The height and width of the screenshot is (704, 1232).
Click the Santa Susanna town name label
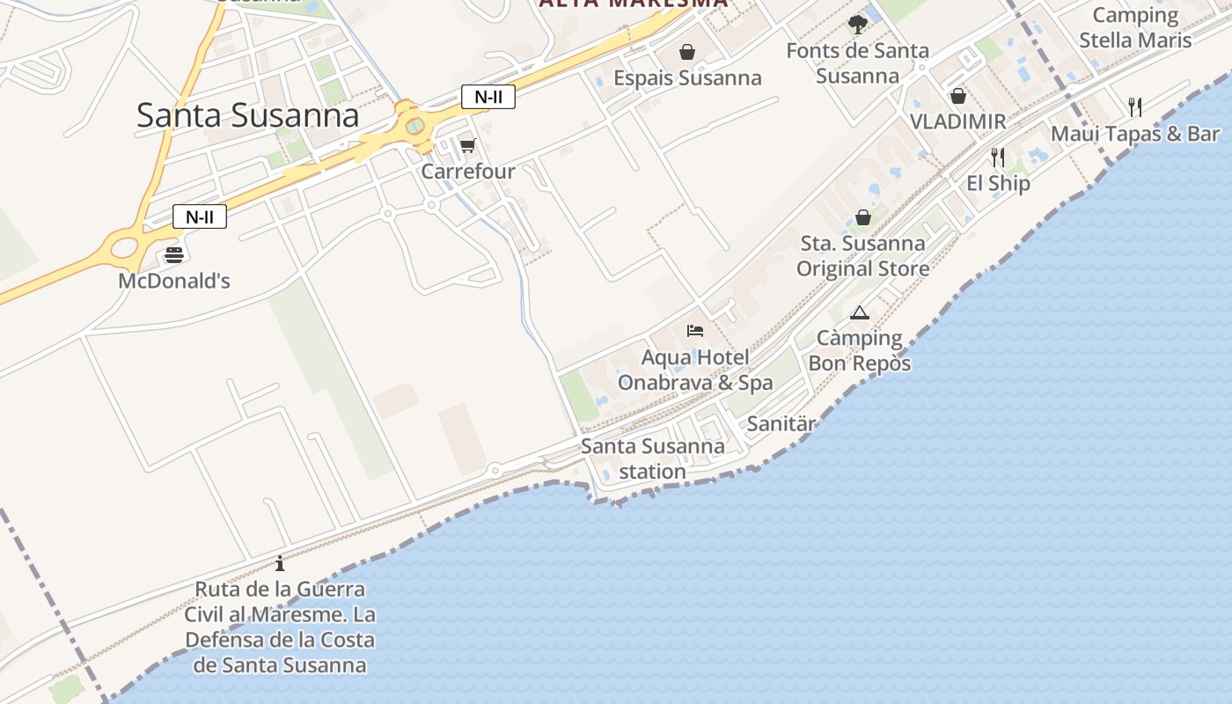coord(247,116)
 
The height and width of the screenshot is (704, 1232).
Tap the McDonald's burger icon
coord(174,255)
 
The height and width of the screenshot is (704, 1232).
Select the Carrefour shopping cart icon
coord(467,145)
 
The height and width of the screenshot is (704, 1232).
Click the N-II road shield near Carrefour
coord(488,97)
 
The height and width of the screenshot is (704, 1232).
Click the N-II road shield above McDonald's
coord(200,216)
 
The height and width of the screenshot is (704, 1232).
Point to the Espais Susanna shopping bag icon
coord(687,53)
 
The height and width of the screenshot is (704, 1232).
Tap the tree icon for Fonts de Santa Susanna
coord(857,25)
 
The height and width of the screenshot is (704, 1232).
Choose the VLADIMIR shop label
coord(957,121)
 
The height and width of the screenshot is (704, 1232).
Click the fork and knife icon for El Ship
coord(997,158)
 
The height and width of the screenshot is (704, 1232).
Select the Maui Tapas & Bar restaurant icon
coord(1135,107)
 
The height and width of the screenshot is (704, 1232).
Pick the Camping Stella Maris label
coord(1135,28)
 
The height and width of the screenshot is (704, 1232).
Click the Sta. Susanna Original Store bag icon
coord(863,217)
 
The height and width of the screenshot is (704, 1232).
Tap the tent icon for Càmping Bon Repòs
coord(860,312)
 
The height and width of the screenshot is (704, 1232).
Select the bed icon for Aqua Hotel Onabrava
coord(695,331)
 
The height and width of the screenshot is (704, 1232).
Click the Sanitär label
coord(781,424)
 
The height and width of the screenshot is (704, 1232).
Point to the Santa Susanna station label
coord(652,458)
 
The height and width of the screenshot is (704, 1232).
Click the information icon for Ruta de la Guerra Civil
coord(280,563)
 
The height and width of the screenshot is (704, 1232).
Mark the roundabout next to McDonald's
coord(125,246)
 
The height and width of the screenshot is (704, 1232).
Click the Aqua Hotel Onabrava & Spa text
coord(695,370)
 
